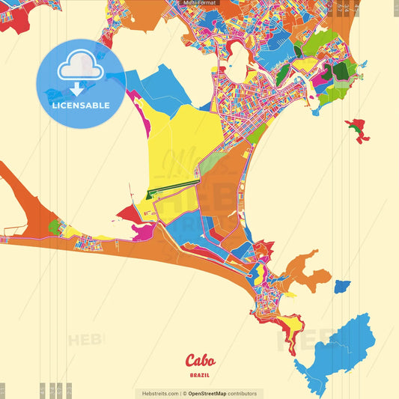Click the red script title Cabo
point(199,359)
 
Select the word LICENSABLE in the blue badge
point(80,106)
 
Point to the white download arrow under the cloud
point(76,88)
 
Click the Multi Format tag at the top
point(199,4)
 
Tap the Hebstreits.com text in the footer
point(158,393)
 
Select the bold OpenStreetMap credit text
point(212,393)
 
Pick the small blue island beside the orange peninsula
point(341,286)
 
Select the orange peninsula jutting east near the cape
point(307,272)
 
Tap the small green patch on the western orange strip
point(54,225)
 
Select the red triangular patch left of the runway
point(129,214)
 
